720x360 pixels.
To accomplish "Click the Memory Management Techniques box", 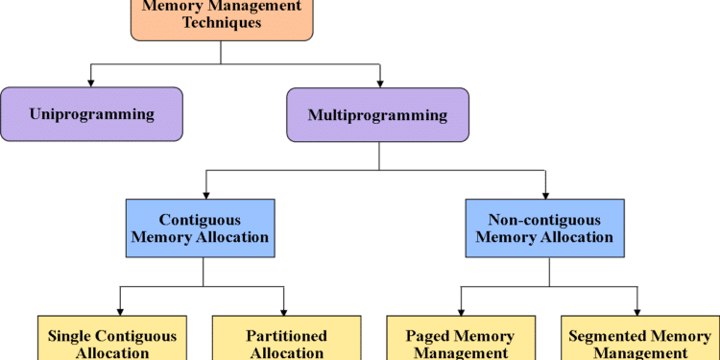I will pyautogui.click(x=222, y=18).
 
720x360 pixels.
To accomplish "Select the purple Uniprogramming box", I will pyautogui.click(x=91, y=115).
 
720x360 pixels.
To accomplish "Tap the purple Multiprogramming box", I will pyautogui.click(x=377, y=116).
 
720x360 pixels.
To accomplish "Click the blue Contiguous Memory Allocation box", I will pyautogui.click(x=201, y=228).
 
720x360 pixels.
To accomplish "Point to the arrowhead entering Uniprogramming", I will pyautogui.click(x=91, y=81).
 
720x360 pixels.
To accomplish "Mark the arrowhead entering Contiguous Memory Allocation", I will pyautogui.click(x=205, y=192).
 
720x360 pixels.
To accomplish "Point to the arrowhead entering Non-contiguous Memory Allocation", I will pyautogui.click(x=546, y=192).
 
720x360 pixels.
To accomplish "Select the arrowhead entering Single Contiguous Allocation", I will pyautogui.click(x=118, y=308).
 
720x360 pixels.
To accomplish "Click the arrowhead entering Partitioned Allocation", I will pyautogui.click(x=284, y=308).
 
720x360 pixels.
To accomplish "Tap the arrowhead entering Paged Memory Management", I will pyautogui.click(x=461, y=308).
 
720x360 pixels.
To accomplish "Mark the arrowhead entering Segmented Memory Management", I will pyautogui.click(x=636, y=308).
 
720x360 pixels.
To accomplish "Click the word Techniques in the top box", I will pyautogui.click(x=222, y=23).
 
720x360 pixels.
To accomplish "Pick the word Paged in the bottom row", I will pyautogui.click(x=426, y=336).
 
